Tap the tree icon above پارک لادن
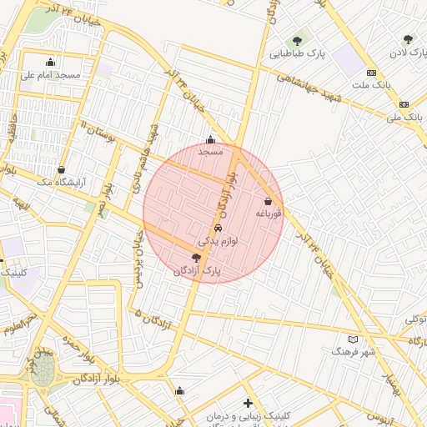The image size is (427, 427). pyautogui.click(x=408, y=39)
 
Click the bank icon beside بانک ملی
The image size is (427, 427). pyautogui.click(x=404, y=104)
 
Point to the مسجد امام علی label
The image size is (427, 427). pyautogui.click(x=51, y=75)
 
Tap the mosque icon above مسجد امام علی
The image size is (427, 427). pyautogui.click(x=51, y=61)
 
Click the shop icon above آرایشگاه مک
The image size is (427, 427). pyautogui.click(x=62, y=169)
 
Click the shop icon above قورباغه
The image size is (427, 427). pyautogui.click(x=268, y=201)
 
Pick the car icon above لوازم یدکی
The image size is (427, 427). pyautogui.click(x=218, y=228)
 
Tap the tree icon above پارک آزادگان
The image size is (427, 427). pyautogui.click(x=196, y=259)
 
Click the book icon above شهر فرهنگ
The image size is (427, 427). pyautogui.click(x=354, y=339)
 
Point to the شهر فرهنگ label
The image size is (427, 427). pyautogui.click(x=354, y=352)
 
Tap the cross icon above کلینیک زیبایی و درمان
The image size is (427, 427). pyautogui.click(x=248, y=403)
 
